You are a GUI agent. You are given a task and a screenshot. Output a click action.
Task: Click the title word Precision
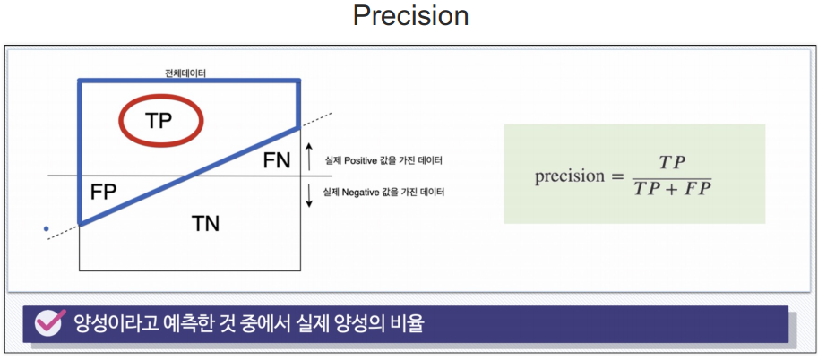(x=410, y=15)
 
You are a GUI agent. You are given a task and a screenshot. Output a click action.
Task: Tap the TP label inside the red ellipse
(x=159, y=121)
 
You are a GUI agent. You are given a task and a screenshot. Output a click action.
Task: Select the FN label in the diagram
(x=277, y=160)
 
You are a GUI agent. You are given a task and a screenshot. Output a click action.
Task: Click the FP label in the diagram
(x=103, y=193)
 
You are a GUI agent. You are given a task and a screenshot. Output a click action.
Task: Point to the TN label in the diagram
(x=205, y=224)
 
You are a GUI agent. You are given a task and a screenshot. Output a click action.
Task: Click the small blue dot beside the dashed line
(x=47, y=228)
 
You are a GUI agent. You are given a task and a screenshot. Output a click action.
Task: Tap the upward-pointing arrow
(x=309, y=157)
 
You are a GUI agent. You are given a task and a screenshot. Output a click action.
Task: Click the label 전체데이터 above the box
(x=185, y=73)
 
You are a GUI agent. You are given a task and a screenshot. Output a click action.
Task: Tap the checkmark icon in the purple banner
(x=50, y=322)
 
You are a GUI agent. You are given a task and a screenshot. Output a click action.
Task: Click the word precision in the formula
(x=569, y=176)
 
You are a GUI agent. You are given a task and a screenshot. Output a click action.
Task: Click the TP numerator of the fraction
(x=672, y=163)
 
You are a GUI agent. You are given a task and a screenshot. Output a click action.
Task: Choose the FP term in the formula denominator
(x=697, y=189)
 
